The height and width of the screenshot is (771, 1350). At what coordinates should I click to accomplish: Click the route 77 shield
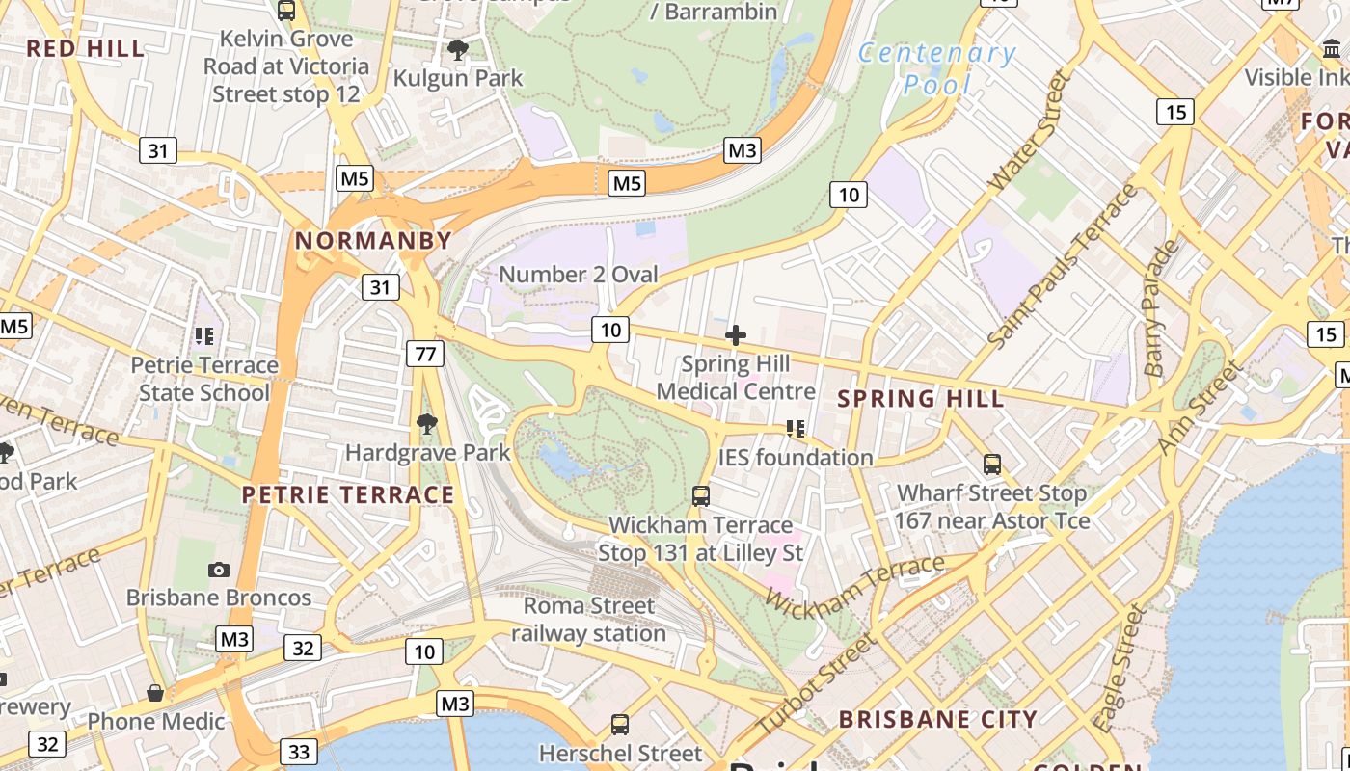[424, 354]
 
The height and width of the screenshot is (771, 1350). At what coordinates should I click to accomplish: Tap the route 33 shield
[299, 751]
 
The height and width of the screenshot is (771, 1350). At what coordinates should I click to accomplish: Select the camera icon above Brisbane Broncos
[219, 570]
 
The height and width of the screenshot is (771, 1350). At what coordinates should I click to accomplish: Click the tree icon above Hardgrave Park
[426, 423]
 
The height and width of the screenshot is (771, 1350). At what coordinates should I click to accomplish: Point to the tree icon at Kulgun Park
[458, 49]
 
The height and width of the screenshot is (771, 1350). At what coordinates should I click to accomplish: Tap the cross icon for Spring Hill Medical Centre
[736, 335]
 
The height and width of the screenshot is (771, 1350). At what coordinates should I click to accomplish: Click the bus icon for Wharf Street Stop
[992, 465]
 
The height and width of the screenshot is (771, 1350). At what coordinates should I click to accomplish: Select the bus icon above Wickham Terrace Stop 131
[701, 496]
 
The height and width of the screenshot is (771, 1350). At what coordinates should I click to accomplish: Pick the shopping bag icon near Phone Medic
[154, 693]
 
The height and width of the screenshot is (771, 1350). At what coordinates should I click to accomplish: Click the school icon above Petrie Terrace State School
[204, 336]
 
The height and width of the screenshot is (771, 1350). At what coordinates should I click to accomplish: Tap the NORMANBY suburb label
[373, 241]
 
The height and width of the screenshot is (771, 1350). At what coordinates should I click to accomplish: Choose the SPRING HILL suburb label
[920, 398]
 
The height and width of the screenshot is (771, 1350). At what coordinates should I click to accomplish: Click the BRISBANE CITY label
[937, 719]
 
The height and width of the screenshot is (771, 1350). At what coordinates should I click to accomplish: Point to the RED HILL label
[85, 48]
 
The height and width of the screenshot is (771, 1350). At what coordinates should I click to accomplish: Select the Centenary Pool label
[936, 68]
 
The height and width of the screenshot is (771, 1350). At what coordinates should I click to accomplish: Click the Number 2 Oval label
[578, 275]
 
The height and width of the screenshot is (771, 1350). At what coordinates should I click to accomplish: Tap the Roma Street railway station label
[588, 620]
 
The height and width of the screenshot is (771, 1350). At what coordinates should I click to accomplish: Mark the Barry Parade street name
[1161, 307]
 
